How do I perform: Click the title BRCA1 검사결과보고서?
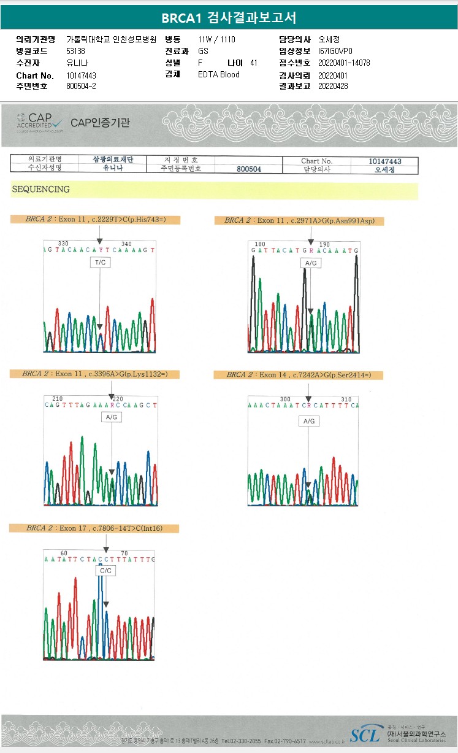[x=229, y=17]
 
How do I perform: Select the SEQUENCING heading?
[x=40, y=190]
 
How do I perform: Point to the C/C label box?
[x=105, y=571]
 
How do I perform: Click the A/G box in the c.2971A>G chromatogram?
[x=310, y=263]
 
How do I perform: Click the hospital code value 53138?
[x=75, y=52]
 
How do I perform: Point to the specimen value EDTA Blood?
[x=219, y=75]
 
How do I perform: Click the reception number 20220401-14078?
[x=344, y=63]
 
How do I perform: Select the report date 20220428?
[x=333, y=87]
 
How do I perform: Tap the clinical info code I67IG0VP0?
[x=335, y=52]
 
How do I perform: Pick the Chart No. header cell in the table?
[x=316, y=161]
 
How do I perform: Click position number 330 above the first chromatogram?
[x=63, y=244]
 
